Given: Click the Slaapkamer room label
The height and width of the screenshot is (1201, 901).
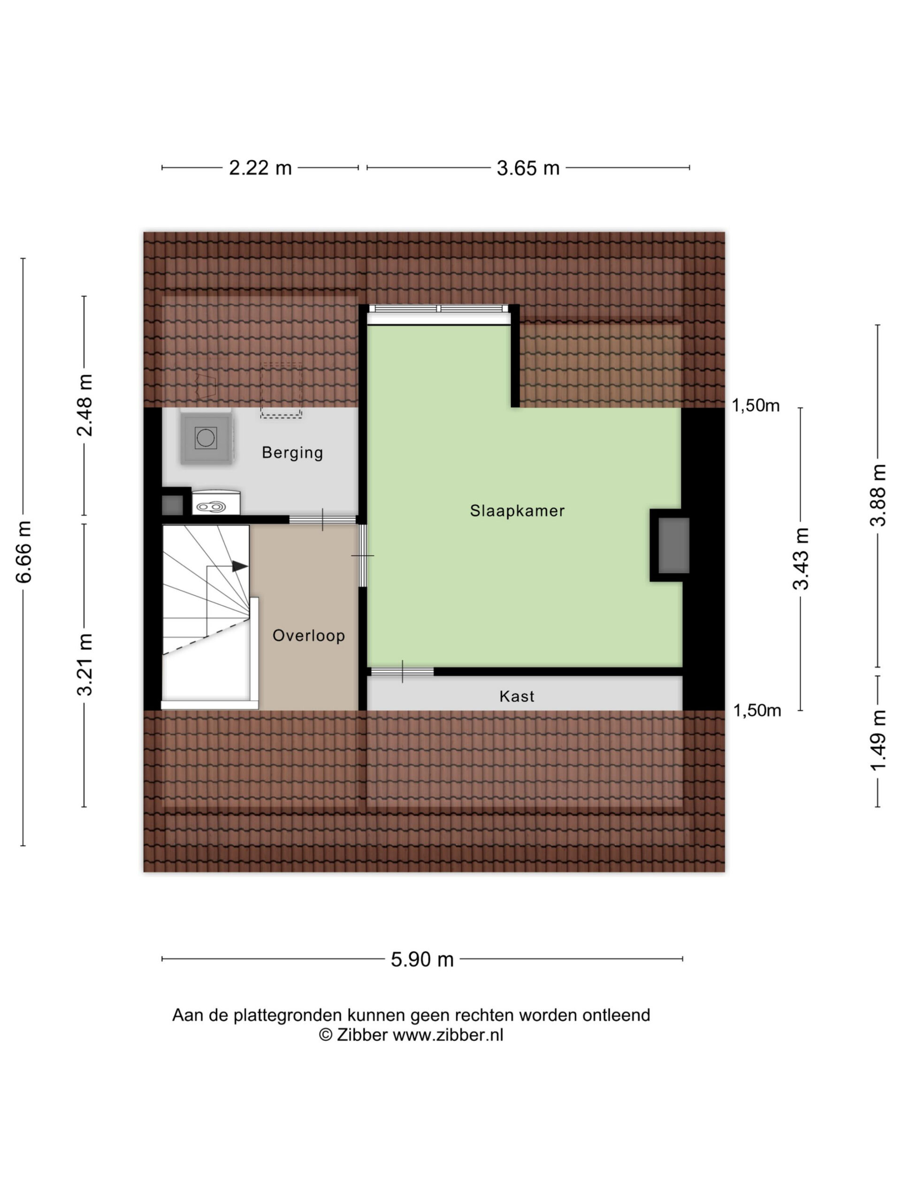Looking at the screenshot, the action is point(517,510).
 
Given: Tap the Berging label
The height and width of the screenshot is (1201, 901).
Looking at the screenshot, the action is point(292,452).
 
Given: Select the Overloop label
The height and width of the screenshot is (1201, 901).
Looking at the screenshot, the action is point(308,635).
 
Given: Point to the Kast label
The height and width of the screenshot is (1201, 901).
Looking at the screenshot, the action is point(517,696).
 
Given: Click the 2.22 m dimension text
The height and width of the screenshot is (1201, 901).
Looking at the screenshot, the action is point(260,168).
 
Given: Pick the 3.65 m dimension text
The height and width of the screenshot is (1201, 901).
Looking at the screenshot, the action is point(528,168).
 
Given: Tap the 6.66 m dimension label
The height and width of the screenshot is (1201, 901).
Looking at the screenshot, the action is point(23,552).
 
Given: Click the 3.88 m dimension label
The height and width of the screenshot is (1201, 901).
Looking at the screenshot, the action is point(878,495).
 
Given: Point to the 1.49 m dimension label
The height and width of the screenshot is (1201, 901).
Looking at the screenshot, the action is point(878,741).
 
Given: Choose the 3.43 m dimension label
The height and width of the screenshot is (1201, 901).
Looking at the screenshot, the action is point(801,558).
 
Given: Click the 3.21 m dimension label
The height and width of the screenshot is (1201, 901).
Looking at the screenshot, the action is point(85,665).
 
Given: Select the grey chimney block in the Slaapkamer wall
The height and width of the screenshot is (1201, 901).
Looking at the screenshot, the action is point(674,545).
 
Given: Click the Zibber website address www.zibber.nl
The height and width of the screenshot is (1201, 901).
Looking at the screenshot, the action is point(448,1035).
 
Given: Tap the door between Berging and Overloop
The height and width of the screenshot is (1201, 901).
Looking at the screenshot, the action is point(322,520).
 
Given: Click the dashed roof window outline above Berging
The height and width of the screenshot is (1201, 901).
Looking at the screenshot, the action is point(281,390).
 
